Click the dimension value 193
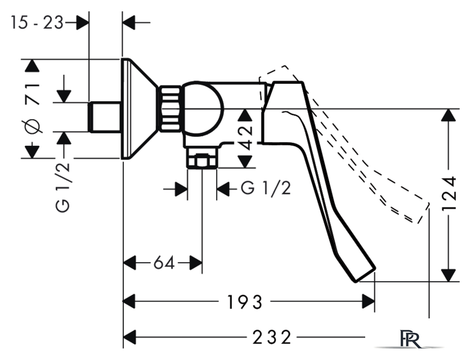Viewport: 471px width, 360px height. pos(245,301)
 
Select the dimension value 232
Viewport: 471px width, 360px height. pos(272,337)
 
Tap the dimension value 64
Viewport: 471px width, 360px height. pos(164,263)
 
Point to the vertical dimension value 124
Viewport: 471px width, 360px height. pos(450,193)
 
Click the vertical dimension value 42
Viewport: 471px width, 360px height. pos(246,138)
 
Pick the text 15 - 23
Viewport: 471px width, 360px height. pos(37,22)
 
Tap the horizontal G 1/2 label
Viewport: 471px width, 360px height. pos(266,188)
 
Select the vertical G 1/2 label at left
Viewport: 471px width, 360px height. pos(63,187)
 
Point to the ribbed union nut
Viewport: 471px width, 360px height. pos(170,109)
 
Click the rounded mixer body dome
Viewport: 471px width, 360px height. pos(204,109)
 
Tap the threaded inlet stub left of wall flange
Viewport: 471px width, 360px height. pos(105,117)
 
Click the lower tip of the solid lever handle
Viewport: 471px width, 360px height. pos(365,274)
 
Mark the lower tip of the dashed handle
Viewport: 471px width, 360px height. pos(423,214)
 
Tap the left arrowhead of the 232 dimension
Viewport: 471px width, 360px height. pos(130,337)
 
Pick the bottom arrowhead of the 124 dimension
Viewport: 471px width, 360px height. pos(448,275)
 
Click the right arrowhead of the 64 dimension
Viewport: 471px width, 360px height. pos(196,263)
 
